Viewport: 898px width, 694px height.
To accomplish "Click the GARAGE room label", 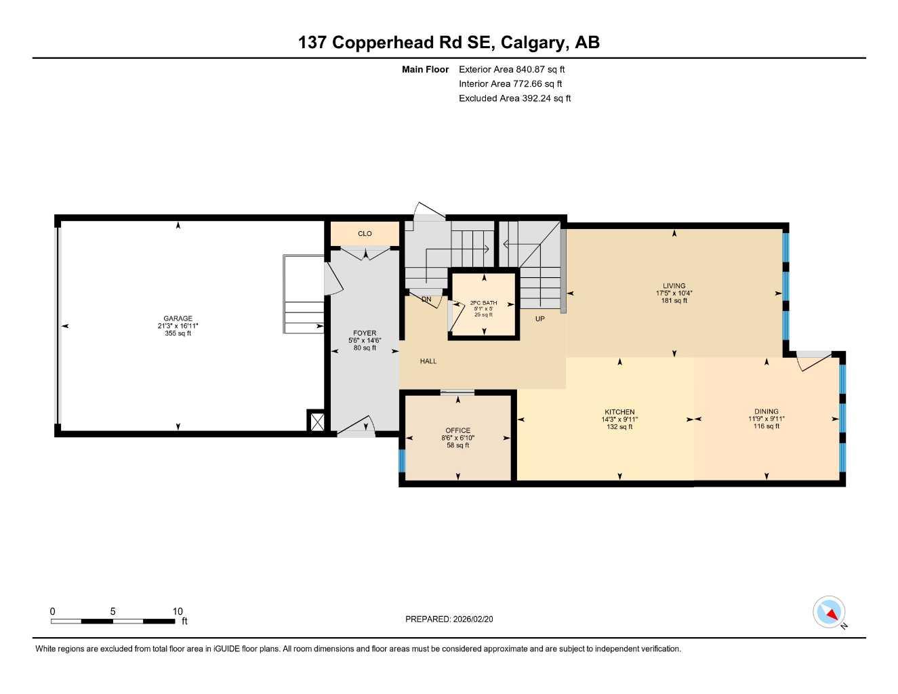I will (x=178, y=319).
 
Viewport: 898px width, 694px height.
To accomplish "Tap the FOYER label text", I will (x=365, y=333).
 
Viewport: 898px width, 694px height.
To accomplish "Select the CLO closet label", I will (x=365, y=234).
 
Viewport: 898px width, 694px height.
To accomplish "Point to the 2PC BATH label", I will (x=483, y=303).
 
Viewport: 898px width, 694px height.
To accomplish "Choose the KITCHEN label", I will (x=619, y=412).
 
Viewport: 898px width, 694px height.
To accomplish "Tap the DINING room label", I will (x=766, y=411).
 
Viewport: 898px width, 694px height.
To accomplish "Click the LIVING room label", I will (x=674, y=286).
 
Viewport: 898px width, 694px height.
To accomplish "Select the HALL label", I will (x=428, y=361).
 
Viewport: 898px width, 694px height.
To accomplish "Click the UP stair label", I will (x=539, y=319).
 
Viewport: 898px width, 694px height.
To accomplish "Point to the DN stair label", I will (x=426, y=299).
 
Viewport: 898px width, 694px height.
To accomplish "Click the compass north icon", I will (x=830, y=613).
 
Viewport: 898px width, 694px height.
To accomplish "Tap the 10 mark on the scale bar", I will (x=178, y=611).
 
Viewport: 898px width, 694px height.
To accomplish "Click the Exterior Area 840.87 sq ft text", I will (x=512, y=69).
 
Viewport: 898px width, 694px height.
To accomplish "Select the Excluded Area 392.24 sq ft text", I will (x=514, y=98).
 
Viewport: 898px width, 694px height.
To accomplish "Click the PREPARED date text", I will (x=453, y=619).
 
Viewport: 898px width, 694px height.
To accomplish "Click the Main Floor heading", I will (x=425, y=69).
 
